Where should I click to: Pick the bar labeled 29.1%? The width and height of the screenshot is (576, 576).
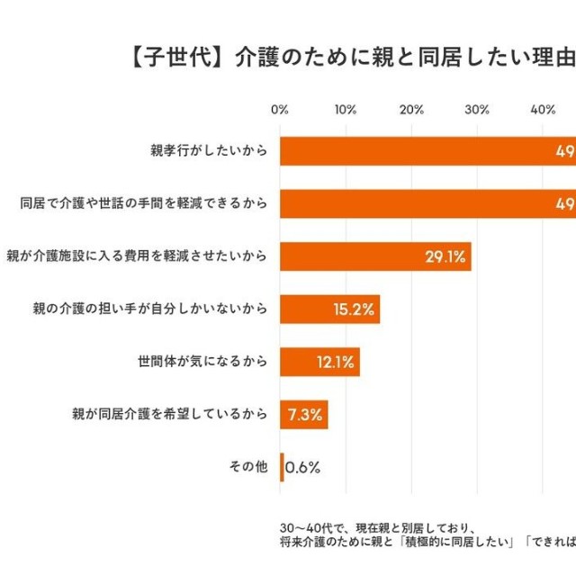pos(375,256)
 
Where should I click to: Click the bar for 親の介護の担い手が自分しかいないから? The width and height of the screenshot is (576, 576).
pos(329,309)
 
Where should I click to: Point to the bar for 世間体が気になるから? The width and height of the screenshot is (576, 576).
pos(319,362)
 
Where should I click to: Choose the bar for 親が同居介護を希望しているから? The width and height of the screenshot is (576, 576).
pos(303,415)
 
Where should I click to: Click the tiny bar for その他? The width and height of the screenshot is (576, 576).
pos(282,467)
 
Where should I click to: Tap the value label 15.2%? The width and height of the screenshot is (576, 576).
pos(354,310)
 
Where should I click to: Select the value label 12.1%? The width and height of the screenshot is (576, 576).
pos(335,363)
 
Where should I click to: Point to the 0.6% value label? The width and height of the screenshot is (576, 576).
pos(303,468)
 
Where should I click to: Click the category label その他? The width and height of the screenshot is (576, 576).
pos(249,467)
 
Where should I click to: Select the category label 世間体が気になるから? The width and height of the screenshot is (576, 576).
pos(202,362)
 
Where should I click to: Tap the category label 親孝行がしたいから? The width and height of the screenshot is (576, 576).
pos(209,151)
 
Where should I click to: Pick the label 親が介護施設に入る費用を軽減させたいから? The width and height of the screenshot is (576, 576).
pos(137,256)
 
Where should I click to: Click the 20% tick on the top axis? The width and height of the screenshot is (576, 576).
pos(411,110)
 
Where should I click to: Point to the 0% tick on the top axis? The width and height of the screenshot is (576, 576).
pos(280,110)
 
